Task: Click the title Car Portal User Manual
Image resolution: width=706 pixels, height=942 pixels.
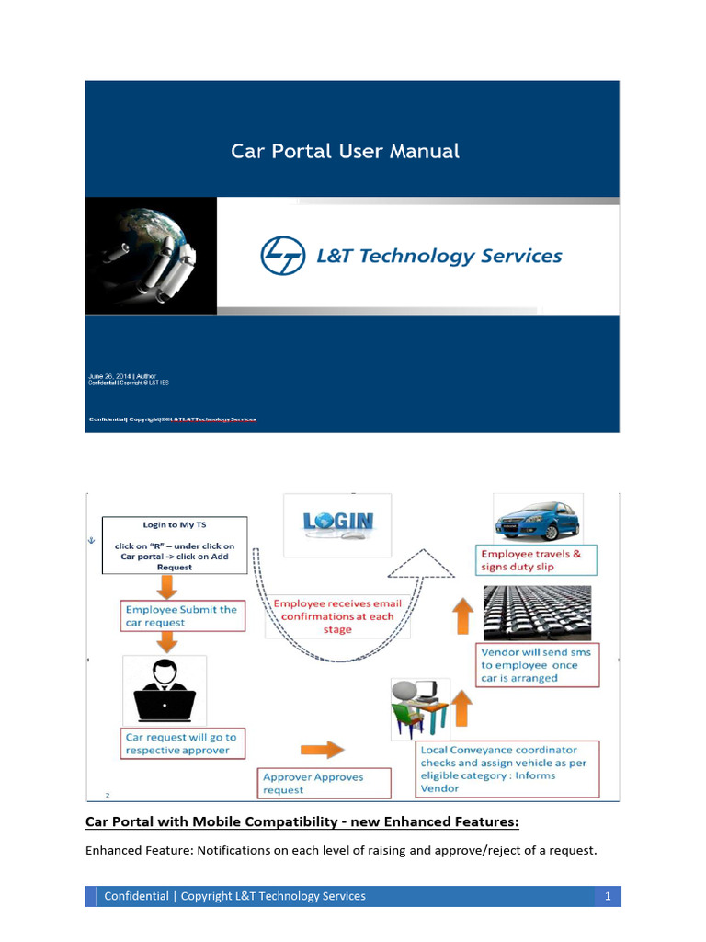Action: (x=345, y=151)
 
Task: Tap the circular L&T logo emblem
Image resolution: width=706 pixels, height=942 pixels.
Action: (x=282, y=255)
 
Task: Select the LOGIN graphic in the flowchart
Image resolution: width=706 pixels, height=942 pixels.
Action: (x=337, y=523)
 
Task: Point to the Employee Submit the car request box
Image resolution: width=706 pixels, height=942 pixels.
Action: (x=183, y=615)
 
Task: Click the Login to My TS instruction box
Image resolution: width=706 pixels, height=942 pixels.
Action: (x=175, y=546)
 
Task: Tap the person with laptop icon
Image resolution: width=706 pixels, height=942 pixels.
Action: (x=165, y=691)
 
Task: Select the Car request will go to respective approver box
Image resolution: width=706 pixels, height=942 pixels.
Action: (x=183, y=743)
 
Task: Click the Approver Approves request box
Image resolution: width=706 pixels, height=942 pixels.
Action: (x=313, y=783)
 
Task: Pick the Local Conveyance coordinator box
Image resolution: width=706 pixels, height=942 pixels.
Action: (x=507, y=769)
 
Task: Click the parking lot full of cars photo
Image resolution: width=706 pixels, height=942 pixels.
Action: (x=536, y=613)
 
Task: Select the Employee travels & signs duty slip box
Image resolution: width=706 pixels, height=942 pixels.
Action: (x=536, y=560)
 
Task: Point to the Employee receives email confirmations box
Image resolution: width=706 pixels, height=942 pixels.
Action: (x=337, y=616)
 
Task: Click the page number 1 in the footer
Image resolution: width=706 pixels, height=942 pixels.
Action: (x=608, y=896)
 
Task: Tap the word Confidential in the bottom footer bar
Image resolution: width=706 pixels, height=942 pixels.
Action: (x=136, y=896)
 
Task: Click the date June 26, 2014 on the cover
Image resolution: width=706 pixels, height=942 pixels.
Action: (x=109, y=376)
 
